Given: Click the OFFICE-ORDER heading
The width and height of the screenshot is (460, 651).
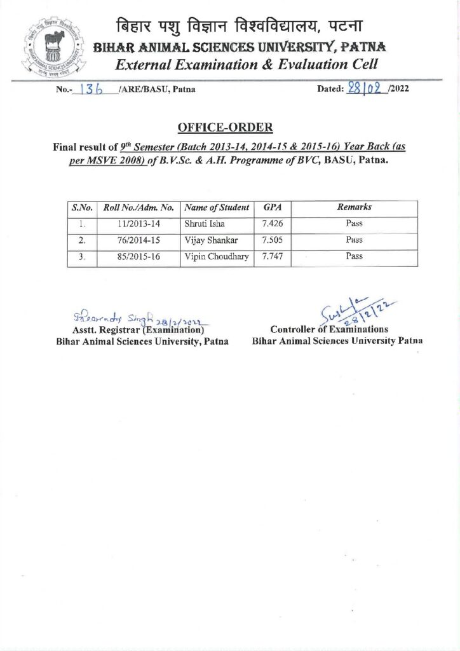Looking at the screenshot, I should coord(226,127).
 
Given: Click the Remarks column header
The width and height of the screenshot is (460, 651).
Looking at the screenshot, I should coord(354,208).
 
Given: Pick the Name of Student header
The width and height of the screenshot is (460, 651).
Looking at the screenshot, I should coord(216,208).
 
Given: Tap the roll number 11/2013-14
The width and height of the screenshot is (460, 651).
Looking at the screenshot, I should coord(138,224).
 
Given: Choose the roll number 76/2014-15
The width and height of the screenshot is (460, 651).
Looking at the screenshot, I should coord(138,240).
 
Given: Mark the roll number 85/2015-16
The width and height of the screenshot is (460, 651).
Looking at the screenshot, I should coord(138,257).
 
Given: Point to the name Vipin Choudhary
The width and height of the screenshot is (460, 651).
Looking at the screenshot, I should coord(216,257).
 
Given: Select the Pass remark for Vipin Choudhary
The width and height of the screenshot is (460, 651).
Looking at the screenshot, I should coord(354,257).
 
